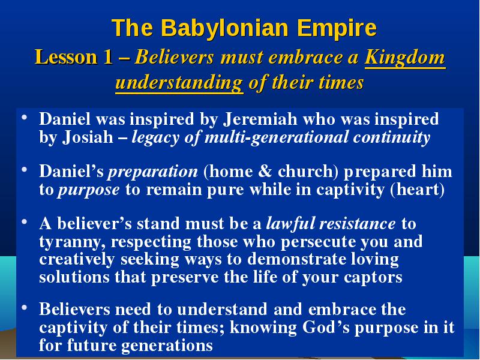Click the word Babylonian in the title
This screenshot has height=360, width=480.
coord(224,28)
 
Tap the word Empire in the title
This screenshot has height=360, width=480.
coord(337,28)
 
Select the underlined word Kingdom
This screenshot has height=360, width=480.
coord(404,57)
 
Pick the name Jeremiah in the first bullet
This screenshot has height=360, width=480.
coord(260,119)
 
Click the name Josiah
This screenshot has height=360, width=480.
coord(88,137)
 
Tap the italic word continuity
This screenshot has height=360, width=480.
coord(392,137)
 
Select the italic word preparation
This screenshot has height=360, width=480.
coord(153,172)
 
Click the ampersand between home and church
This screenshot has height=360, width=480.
coord(265,171)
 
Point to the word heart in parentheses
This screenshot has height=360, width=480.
coord(418,190)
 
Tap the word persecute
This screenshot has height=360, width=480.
coord(319,242)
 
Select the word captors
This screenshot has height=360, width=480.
coord(373,278)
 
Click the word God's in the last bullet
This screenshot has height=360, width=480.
coord(325,327)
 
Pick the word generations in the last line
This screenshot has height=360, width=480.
coord(167,346)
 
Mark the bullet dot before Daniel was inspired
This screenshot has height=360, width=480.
coord(24,117)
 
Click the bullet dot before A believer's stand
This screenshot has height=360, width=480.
coord(24,221)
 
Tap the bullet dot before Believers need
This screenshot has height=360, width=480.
coord(24,307)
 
